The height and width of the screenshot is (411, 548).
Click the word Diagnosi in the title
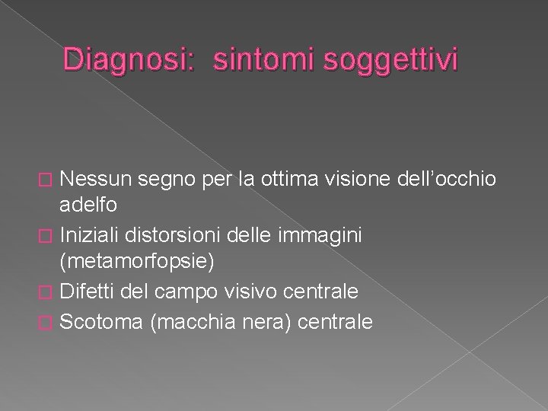click(x=131, y=60)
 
